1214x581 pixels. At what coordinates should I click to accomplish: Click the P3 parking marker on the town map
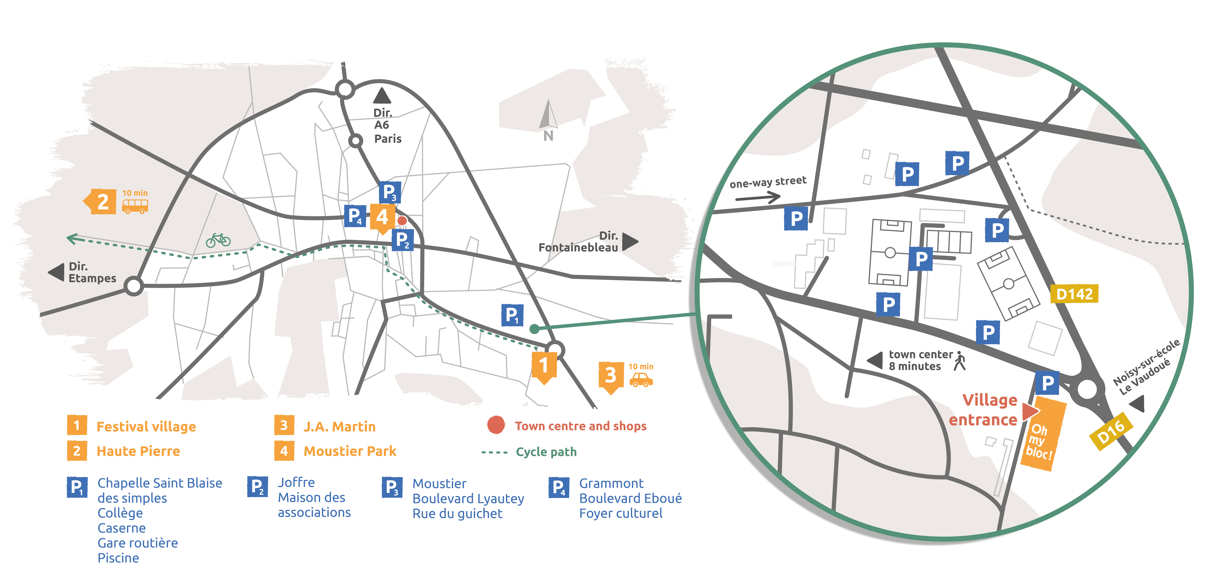[x=390, y=192]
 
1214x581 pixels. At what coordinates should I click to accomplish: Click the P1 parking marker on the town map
[x=512, y=315]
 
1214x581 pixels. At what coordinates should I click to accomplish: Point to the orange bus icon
[x=135, y=206]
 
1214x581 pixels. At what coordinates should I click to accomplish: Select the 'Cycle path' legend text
[x=546, y=452]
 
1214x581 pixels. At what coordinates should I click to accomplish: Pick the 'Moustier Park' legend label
[x=350, y=451]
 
